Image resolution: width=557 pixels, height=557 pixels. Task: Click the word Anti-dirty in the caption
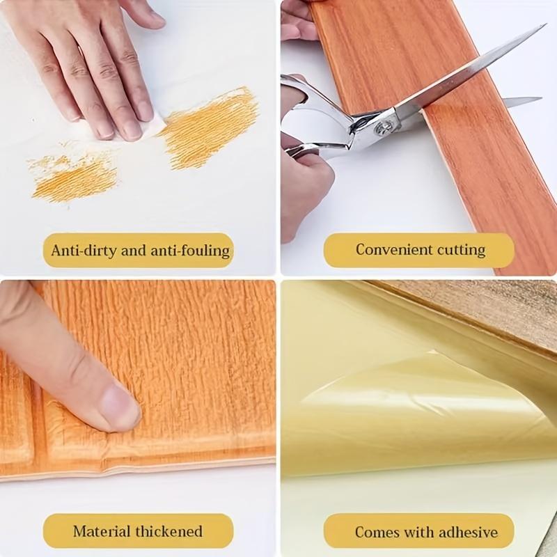pyautogui.click(x=82, y=250)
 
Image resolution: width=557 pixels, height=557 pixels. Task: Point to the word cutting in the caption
pyautogui.click(x=461, y=249)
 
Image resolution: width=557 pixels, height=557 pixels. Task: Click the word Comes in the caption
pyautogui.click(x=377, y=533)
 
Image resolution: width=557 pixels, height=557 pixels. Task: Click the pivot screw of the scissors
pyautogui.click(x=384, y=128)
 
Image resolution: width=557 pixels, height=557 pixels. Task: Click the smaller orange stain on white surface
pyautogui.click(x=73, y=174)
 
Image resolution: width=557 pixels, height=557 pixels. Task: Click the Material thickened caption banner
pyautogui.click(x=138, y=531)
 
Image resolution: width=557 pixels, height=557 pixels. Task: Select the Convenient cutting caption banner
pyautogui.click(x=419, y=249)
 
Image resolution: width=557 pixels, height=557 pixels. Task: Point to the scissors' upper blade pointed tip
pyautogui.click(x=542, y=27)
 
